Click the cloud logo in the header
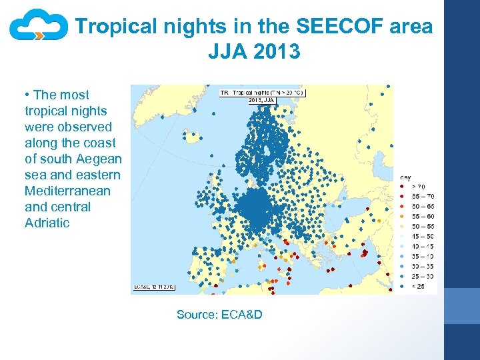pos(38,27)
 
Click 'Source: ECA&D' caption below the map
pos(219,314)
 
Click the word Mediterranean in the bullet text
pos(63,191)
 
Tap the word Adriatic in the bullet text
pos(47,223)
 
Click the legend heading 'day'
pos(405,177)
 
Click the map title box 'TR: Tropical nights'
pos(262,93)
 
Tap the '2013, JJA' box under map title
pos(261,100)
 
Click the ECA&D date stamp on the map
pos(154,287)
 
